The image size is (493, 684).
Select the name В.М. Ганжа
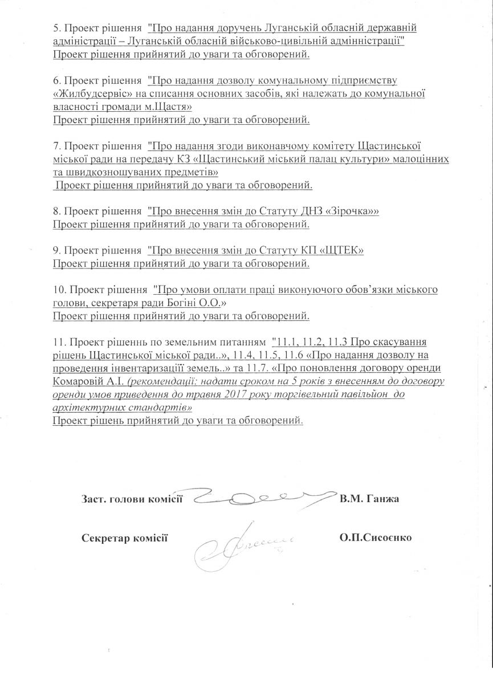tap(369, 499)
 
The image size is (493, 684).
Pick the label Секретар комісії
tap(124, 538)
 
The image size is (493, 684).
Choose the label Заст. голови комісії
tap(132, 499)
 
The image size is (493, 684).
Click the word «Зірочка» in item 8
tap(355, 211)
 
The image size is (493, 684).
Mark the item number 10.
tap(59, 290)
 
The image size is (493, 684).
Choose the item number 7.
tap(56, 145)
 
